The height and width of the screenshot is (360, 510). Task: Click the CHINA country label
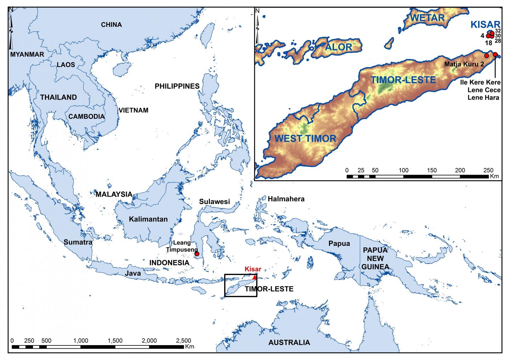pos(111,25)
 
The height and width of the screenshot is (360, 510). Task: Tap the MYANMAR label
pos(27,55)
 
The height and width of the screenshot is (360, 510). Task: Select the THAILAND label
pos(58,97)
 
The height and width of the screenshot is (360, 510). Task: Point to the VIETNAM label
pos(134,110)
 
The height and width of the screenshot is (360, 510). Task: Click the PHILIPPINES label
pos(177,86)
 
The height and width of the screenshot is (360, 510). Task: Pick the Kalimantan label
pos(148,219)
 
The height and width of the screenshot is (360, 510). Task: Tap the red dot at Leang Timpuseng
pos(197,254)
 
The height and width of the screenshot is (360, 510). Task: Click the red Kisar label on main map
pos(253,269)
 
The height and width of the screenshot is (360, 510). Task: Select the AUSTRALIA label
pos(289,343)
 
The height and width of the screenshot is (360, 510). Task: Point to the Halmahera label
pos(286,199)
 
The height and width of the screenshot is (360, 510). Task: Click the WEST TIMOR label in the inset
pos(305,139)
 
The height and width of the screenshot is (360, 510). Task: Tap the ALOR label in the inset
pos(339,47)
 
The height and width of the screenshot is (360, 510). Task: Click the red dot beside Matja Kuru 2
pos(486,56)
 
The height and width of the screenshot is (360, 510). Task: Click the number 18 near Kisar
pos(488,43)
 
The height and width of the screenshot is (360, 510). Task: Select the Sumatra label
pos(78,242)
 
